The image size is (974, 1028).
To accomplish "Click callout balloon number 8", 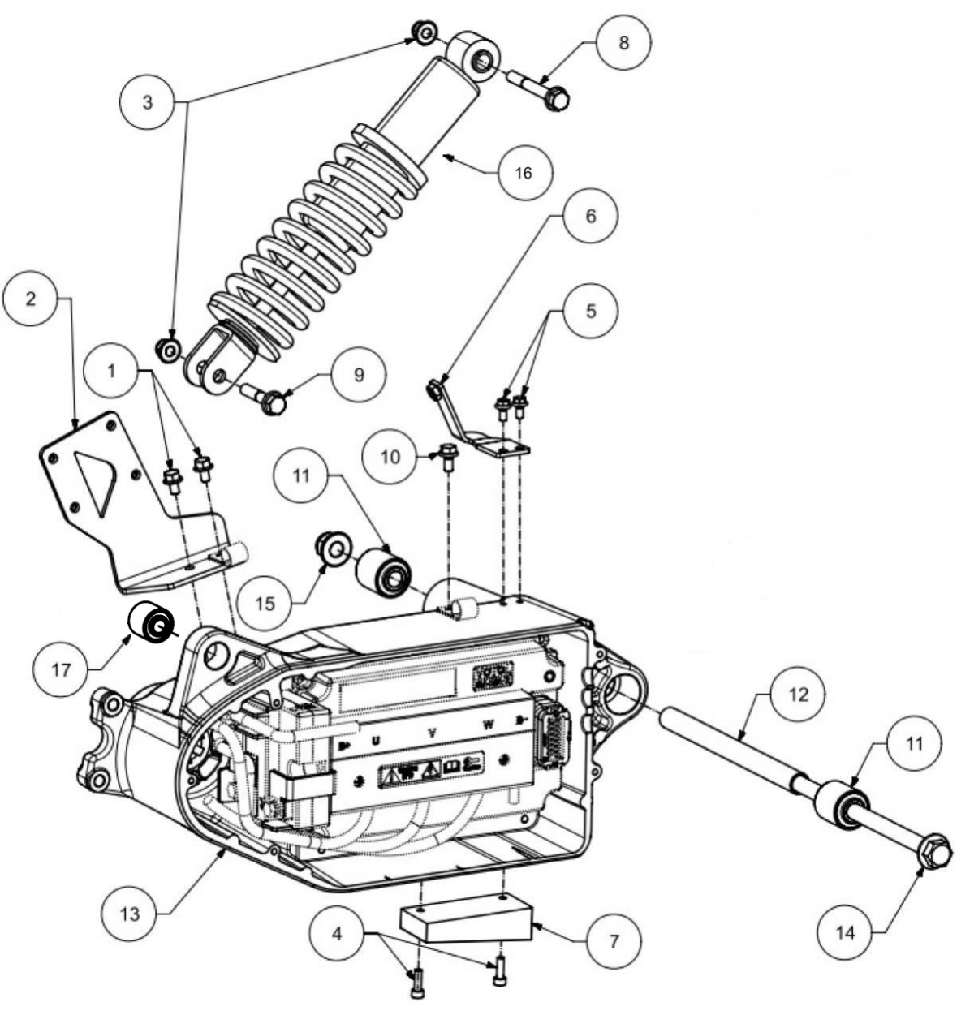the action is click(623, 42).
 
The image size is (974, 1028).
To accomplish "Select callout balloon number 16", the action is click(524, 172).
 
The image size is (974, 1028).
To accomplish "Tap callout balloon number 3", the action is click(148, 102).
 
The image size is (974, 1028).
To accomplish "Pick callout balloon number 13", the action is click(130, 914).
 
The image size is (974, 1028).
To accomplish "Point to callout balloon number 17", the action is click(61, 669).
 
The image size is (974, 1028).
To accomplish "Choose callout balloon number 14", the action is click(845, 932).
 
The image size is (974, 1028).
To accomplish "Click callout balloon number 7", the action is click(614, 941).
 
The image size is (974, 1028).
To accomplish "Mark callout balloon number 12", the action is click(798, 695).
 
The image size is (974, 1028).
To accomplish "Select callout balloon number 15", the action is click(265, 604).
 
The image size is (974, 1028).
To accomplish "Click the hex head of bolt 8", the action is click(556, 98).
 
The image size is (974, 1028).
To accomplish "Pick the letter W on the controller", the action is click(488, 725).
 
